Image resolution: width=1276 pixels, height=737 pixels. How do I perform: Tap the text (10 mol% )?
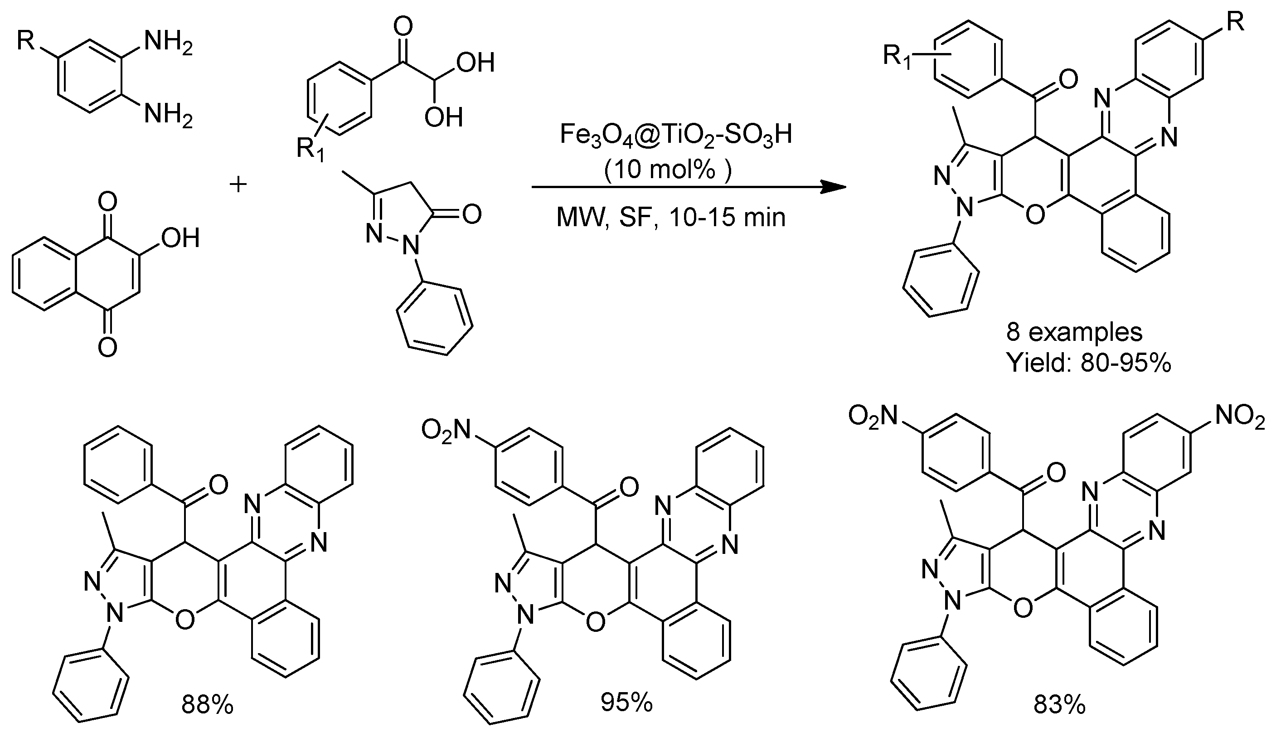[668, 170]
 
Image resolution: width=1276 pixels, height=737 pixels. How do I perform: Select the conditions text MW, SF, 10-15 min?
[671, 217]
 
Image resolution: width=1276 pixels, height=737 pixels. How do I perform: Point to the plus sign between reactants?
[238, 184]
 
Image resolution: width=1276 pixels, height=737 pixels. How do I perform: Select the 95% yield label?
[626, 703]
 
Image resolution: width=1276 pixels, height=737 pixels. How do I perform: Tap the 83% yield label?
[1059, 705]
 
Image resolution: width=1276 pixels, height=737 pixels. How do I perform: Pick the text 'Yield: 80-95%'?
[1088, 363]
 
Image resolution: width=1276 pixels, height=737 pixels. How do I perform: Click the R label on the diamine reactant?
[26, 40]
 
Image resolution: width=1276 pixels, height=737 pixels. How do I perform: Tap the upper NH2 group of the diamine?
[168, 43]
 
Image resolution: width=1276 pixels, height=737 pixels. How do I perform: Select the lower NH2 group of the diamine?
[168, 114]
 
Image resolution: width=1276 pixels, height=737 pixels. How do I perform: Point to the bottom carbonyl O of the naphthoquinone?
[107, 347]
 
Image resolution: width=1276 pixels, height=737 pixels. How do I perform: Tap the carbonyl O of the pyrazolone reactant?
[471, 214]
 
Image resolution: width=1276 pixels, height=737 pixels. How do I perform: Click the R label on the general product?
[1235, 23]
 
